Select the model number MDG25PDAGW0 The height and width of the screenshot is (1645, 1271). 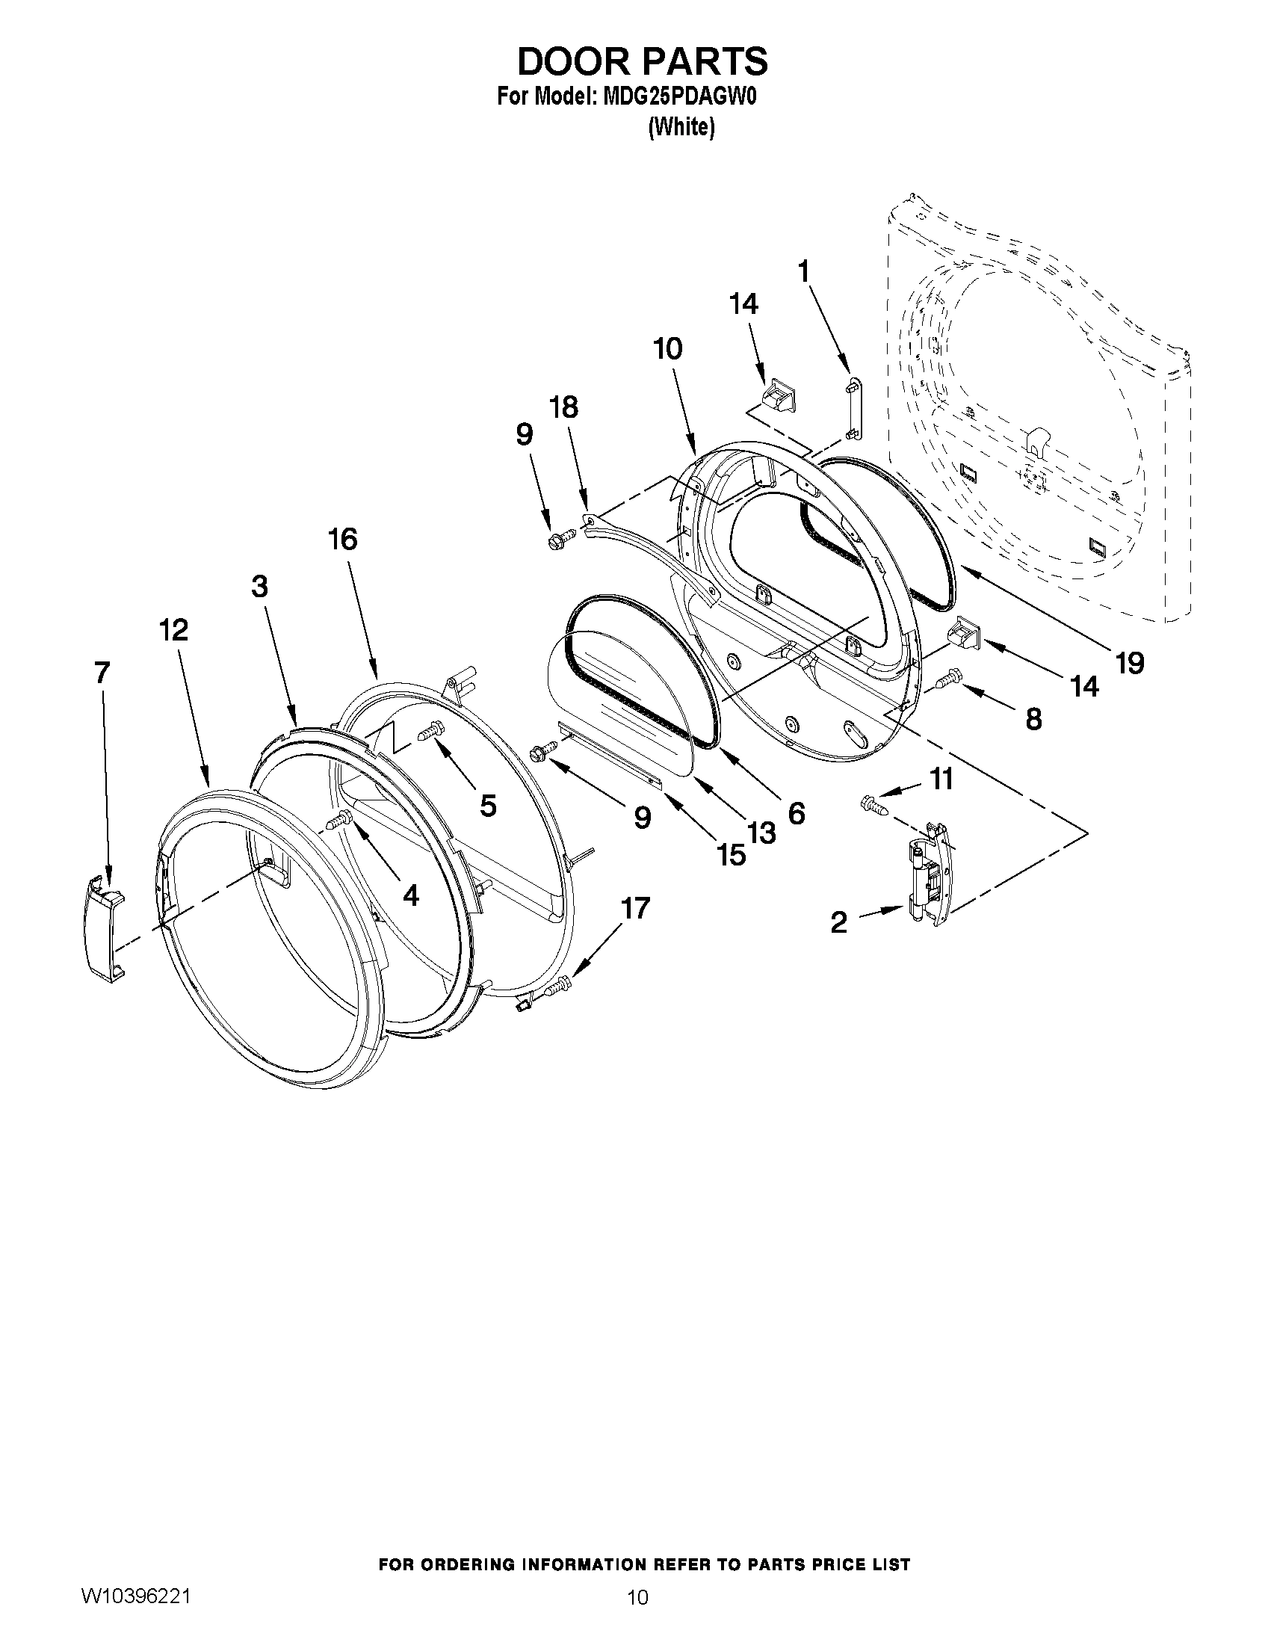pyautogui.click(x=678, y=98)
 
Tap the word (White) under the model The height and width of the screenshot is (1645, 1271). pyautogui.click(x=681, y=128)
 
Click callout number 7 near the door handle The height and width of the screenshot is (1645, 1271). pyautogui.click(x=102, y=672)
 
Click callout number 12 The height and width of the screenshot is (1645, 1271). pyautogui.click(x=173, y=630)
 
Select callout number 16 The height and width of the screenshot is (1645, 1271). pyautogui.click(x=343, y=540)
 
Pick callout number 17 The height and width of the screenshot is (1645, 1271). pyautogui.click(x=634, y=909)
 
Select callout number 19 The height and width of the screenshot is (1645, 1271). pyautogui.click(x=1130, y=663)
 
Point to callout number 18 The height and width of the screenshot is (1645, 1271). pyautogui.click(x=563, y=407)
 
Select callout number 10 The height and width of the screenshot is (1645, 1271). pyautogui.click(x=668, y=349)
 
